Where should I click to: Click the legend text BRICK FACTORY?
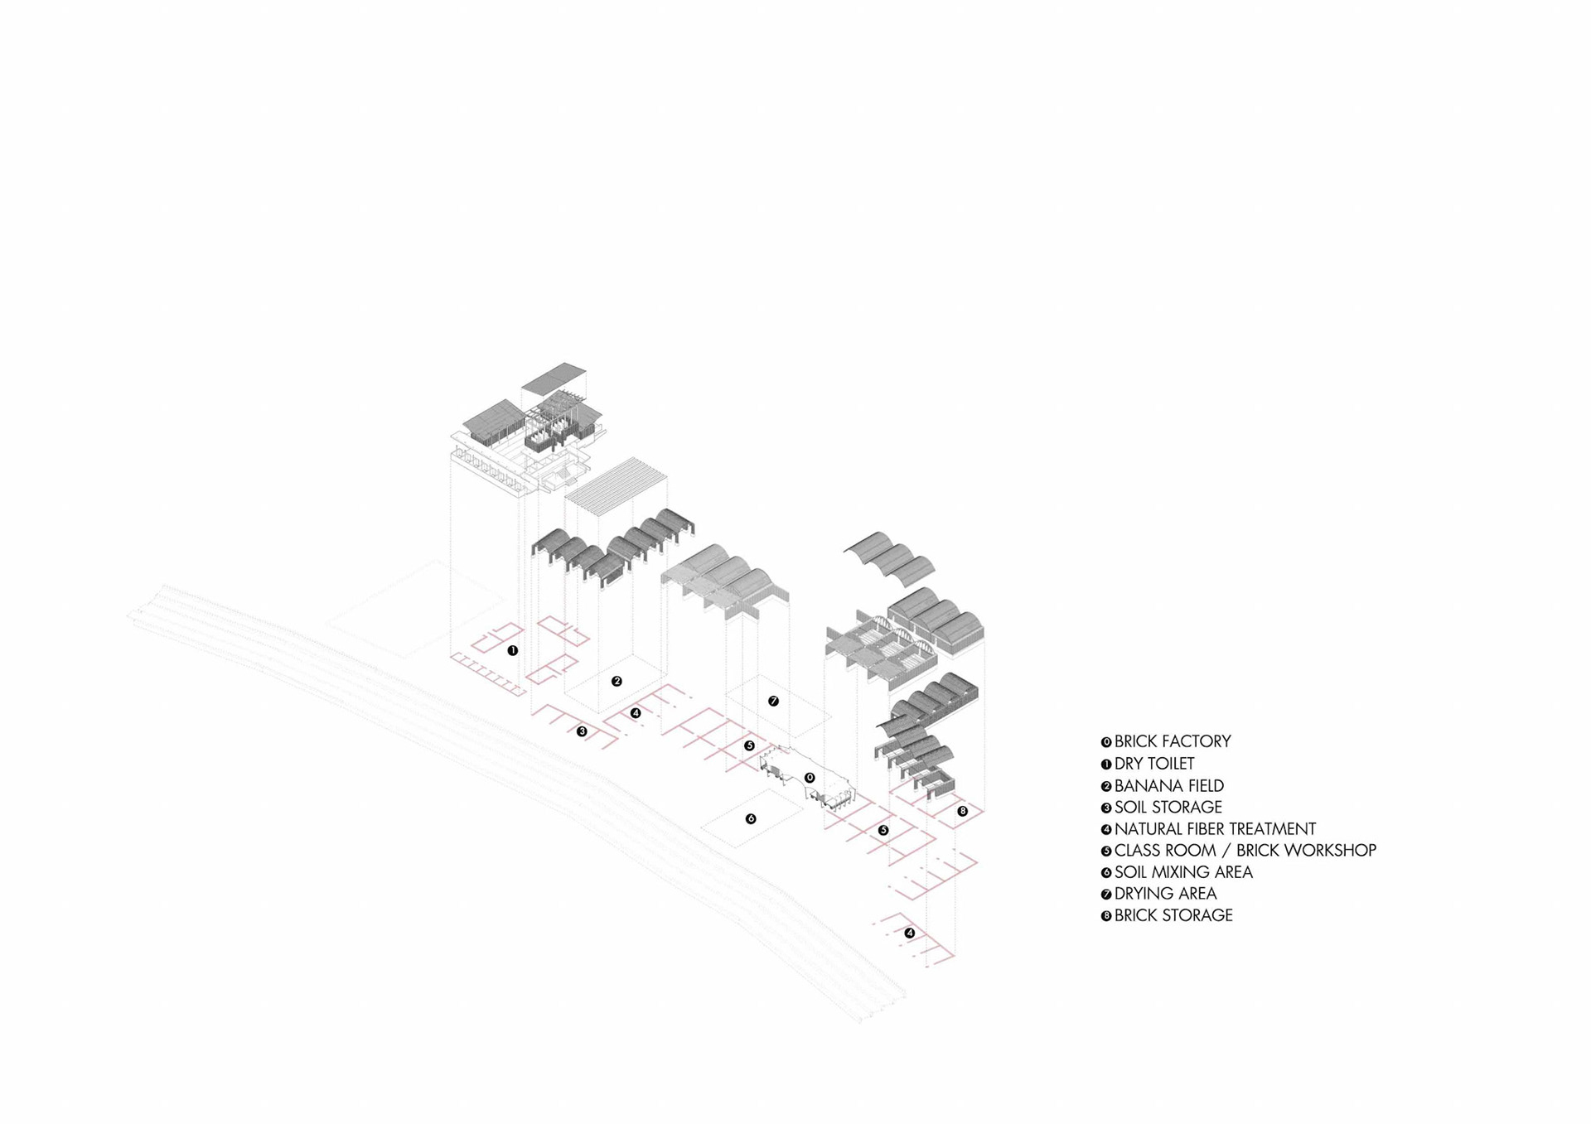pyautogui.click(x=1172, y=741)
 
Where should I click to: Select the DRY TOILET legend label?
pyautogui.click(x=1153, y=764)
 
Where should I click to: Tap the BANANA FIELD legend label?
pyautogui.click(x=1168, y=785)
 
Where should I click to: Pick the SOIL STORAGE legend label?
pyautogui.click(x=1168, y=807)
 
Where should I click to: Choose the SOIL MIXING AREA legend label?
pyautogui.click(x=1182, y=871)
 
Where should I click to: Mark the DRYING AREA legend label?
pyautogui.click(x=1165, y=893)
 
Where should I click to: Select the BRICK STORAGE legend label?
pyautogui.click(x=1173, y=915)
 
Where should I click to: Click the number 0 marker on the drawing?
pyautogui.click(x=810, y=778)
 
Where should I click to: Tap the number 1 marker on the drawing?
pyautogui.click(x=513, y=650)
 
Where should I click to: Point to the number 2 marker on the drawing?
pyautogui.click(x=617, y=681)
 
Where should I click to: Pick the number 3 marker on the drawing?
pyautogui.click(x=582, y=731)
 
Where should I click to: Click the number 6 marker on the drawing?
pyautogui.click(x=751, y=818)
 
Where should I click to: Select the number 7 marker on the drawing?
pyautogui.click(x=773, y=701)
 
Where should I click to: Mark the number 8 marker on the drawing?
pyautogui.click(x=962, y=811)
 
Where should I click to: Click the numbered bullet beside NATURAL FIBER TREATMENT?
pyautogui.click(x=1105, y=829)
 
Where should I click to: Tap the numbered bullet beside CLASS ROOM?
pyautogui.click(x=1105, y=851)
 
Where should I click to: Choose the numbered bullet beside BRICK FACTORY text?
pyautogui.click(x=1105, y=742)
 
